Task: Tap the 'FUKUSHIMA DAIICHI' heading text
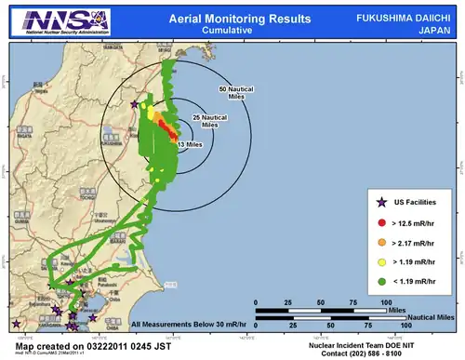403,18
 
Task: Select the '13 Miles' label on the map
190,144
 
